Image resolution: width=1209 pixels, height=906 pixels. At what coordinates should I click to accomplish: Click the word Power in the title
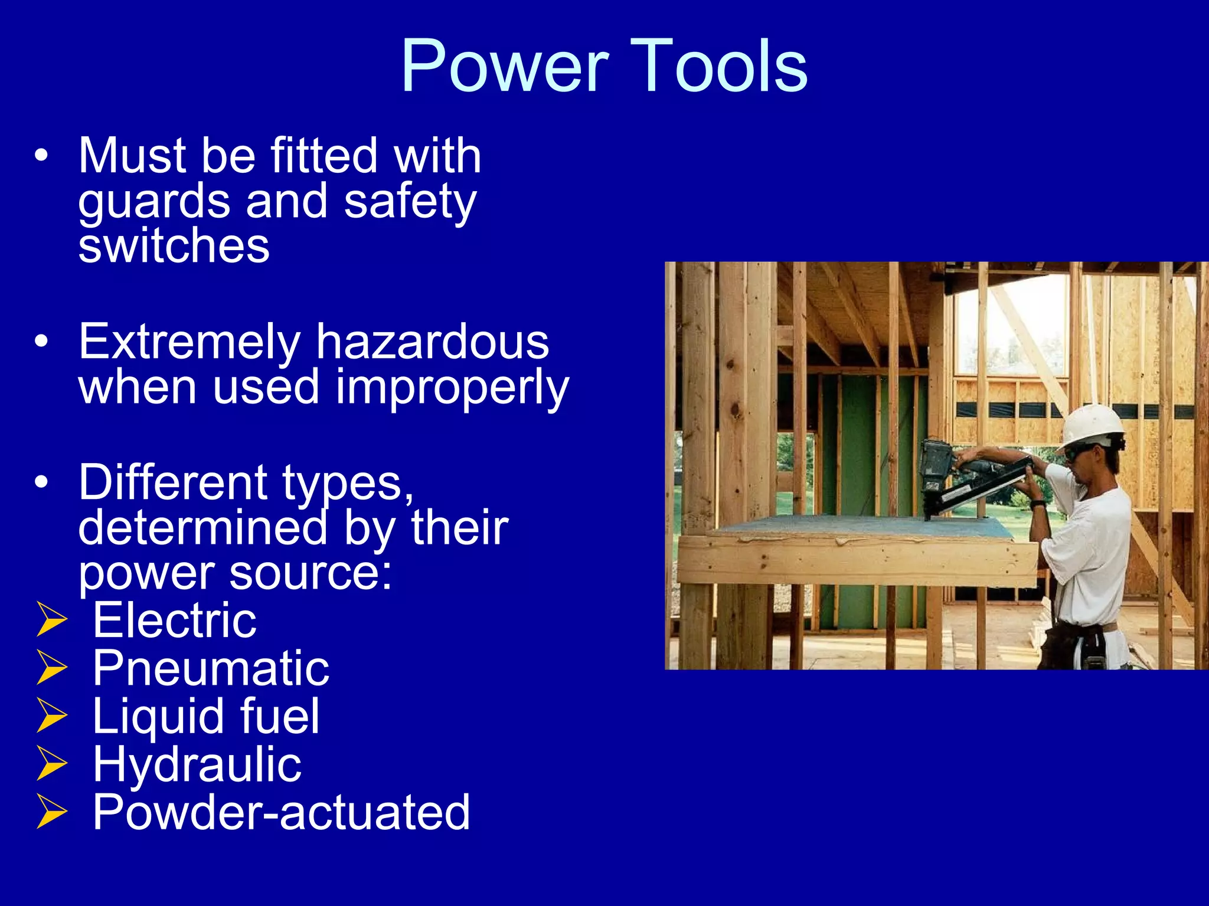[504, 66]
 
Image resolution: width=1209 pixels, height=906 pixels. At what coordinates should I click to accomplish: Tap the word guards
[154, 202]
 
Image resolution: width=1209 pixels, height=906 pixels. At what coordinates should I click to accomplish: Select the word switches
[174, 246]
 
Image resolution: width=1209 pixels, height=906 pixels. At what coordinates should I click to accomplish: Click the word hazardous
[432, 342]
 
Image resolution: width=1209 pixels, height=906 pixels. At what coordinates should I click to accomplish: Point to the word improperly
[452, 388]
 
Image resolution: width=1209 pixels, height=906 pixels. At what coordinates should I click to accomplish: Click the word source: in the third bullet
[311, 573]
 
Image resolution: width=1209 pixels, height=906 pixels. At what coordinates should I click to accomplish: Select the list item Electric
[175, 620]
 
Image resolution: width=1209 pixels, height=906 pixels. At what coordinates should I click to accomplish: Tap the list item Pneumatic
[211, 668]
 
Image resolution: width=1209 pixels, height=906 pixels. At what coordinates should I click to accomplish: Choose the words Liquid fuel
[206, 716]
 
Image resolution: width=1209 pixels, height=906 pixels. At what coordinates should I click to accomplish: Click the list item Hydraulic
[197, 764]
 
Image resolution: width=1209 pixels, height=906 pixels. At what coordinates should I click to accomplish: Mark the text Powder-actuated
[282, 813]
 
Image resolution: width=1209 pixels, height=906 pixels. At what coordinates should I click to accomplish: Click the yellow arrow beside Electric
[51, 620]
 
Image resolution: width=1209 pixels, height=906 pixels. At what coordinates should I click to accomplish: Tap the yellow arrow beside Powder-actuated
[51, 812]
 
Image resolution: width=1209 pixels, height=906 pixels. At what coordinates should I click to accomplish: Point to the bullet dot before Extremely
[41, 342]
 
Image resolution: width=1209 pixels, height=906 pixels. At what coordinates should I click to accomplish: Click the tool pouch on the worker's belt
[1069, 646]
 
